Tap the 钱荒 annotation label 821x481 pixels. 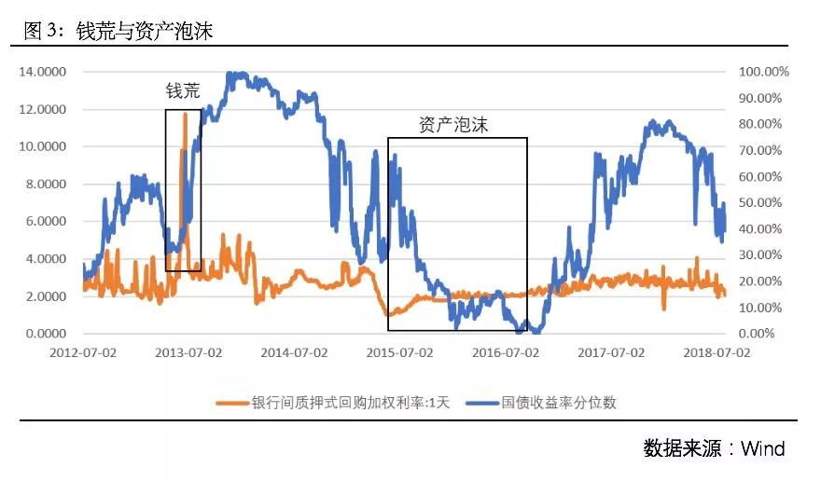click(183, 90)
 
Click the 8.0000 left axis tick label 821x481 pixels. click(49, 184)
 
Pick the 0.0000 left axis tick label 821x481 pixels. click(49, 334)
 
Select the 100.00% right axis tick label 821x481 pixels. click(764, 72)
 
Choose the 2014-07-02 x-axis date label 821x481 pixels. click(294, 353)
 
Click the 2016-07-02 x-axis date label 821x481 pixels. click(506, 353)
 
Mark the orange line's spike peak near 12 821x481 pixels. click(185, 114)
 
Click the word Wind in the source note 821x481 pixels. click(763, 448)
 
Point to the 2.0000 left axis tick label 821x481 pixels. click(49, 296)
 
